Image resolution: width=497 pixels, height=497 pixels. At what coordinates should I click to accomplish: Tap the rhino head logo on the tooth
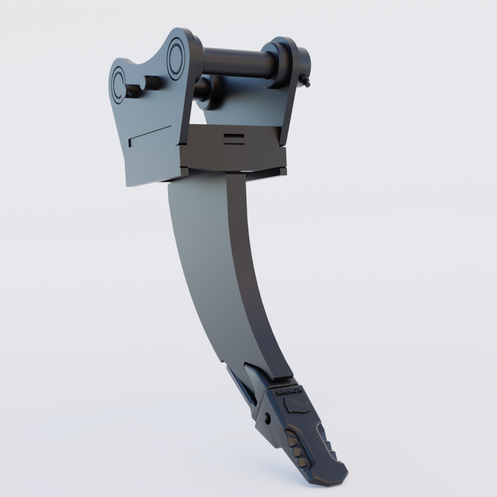[x=297, y=405]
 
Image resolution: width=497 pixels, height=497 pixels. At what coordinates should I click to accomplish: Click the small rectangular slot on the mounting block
[x=233, y=139]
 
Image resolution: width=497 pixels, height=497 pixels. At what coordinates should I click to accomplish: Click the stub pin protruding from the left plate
[x=133, y=89]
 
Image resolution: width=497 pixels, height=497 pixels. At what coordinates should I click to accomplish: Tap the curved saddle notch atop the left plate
[x=141, y=62]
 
